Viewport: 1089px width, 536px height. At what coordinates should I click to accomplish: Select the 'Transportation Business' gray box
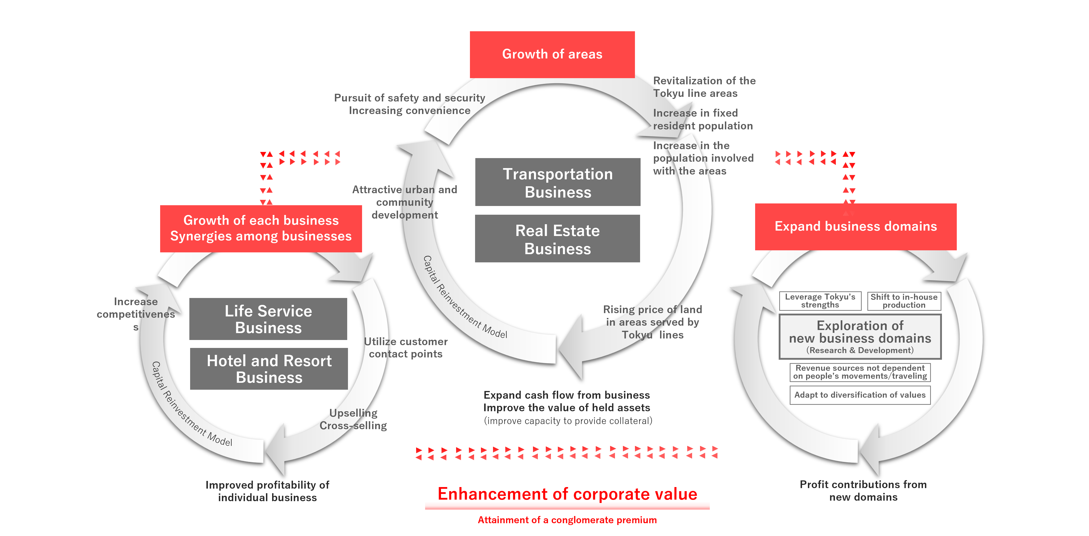click(558, 183)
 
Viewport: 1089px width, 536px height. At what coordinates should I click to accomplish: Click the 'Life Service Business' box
click(268, 319)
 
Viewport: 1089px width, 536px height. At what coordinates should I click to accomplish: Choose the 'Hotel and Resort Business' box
click(269, 369)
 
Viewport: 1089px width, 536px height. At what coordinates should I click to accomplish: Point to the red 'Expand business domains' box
click(855, 226)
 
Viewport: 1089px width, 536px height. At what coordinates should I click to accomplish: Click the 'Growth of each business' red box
click(261, 228)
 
